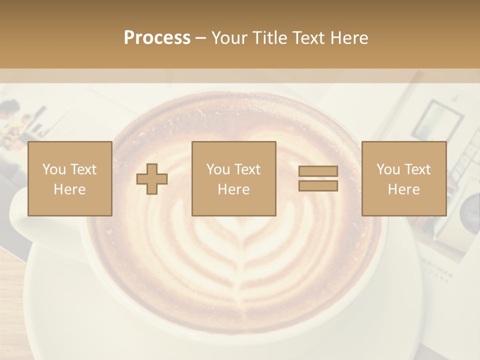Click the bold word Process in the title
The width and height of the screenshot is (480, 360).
click(x=157, y=38)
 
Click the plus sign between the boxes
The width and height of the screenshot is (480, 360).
click(x=152, y=179)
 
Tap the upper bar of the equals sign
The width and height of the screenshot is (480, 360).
click(x=318, y=171)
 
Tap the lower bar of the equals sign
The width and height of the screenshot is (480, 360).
click(x=318, y=186)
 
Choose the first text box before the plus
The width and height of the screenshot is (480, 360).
click(x=69, y=178)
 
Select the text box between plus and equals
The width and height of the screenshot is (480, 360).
click(x=233, y=178)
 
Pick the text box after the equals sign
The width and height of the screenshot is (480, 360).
click(x=404, y=178)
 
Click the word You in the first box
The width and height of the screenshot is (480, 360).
click(x=54, y=169)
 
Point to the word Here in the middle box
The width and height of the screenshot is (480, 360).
click(x=233, y=189)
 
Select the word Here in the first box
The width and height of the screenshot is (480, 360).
click(x=69, y=189)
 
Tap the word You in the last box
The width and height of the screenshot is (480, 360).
click(x=388, y=169)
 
